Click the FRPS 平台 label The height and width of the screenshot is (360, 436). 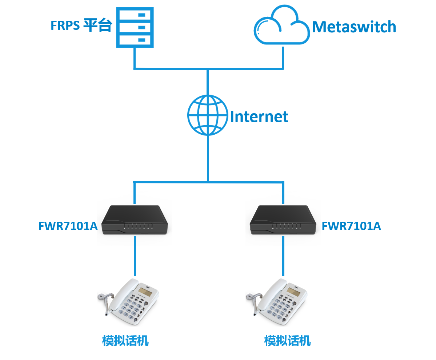click(81, 26)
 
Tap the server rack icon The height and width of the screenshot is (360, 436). click(135, 28)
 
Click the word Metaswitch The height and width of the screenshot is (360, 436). click(354, 27)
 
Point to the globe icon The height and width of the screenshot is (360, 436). click(208, 115)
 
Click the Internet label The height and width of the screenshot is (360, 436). click(259, 116)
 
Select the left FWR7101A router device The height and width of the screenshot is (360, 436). click(135, 220)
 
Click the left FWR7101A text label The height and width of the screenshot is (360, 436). click(68, 226)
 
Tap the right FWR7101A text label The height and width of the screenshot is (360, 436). click(351, 226)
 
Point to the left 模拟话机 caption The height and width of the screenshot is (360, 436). click(125, 341)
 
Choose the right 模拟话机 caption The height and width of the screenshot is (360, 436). click(287, 341)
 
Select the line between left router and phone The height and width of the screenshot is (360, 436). click(135, 257)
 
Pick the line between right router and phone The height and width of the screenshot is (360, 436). click(283, 257)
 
